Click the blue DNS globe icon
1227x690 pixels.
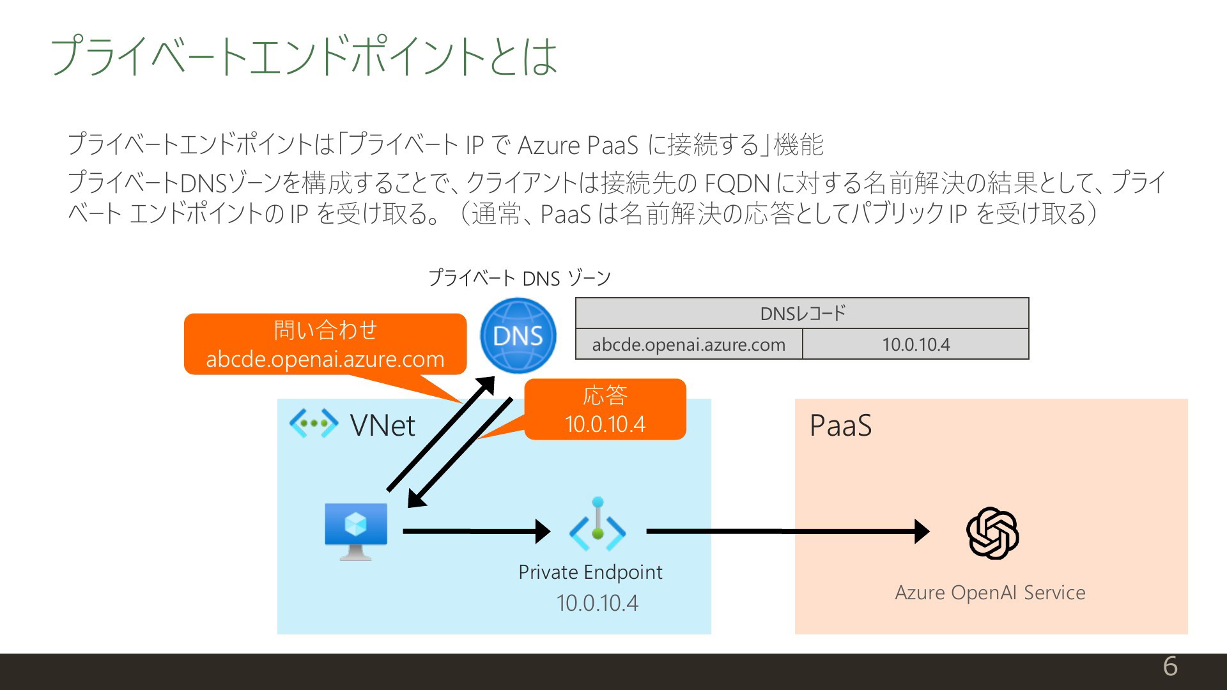pyautogui.click(x=518, y=335)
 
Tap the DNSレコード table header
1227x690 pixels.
pyautogui.click(x=802, y=313)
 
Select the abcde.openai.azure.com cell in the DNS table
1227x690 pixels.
pyautogui.click(x=689, y=344)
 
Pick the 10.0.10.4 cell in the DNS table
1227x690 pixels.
pyautogui.click(x=916, y=344)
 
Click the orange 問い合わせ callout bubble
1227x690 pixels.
pyautogui.click(x=325, y=344)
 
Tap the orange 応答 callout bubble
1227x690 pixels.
pyautogui.click(x=605, y=409)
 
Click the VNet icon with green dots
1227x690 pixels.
pyautogui.click(x=313, y=423)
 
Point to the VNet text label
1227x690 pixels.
pyautogui.click(x=382, y=425)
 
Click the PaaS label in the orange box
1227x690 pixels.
pyautogui.click(x=840, y=425)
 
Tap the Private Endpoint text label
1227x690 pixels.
pyautogui.click(x=590, y=572)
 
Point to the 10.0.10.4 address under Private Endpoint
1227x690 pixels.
pyautogui.click(x=598, y=603)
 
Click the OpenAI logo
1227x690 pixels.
pyautogui.click(x=992, y=533)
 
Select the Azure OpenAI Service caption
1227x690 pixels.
pyautogui.click(x=990, y=593)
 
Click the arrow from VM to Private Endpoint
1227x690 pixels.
pyautogui.click(x=477, y=531)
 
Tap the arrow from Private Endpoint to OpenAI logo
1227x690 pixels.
pyautogui.click(x=788, y=531)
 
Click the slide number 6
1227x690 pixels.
pyautogui.click(x=1170, y=666)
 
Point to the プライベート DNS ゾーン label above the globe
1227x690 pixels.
pyautogui.click(x=520, y=278)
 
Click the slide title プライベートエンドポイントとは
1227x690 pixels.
pyautogui.click(x=304, y=56)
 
